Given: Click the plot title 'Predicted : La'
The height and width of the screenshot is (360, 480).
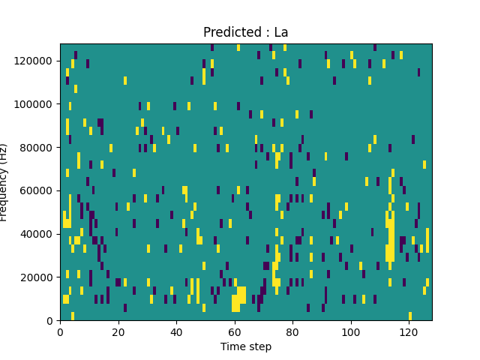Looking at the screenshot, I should coord(246,32).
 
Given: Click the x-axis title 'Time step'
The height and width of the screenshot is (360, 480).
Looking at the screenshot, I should coord(246,346).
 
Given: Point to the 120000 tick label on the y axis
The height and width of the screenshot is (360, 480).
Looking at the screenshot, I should coord(37,61).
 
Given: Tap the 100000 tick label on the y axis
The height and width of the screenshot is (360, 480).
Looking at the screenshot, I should coord(37,104).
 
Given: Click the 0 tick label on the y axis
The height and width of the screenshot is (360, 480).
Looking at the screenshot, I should coord(52,321).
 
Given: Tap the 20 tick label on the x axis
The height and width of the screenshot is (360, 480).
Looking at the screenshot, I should coord(118,331).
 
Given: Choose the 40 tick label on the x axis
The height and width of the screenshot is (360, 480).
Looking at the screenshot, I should coord(176,331).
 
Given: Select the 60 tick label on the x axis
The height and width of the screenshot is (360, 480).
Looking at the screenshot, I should coord(235,331).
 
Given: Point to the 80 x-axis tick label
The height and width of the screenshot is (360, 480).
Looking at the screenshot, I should coord(292,331).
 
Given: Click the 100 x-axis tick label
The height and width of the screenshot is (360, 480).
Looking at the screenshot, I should coord(351,331).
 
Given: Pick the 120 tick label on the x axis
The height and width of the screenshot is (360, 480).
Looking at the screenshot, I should coord(409,331).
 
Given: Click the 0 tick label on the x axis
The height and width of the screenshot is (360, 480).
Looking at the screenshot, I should coord(61,331).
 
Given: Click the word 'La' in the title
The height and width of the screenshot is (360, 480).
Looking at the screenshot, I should coord(280,32).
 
